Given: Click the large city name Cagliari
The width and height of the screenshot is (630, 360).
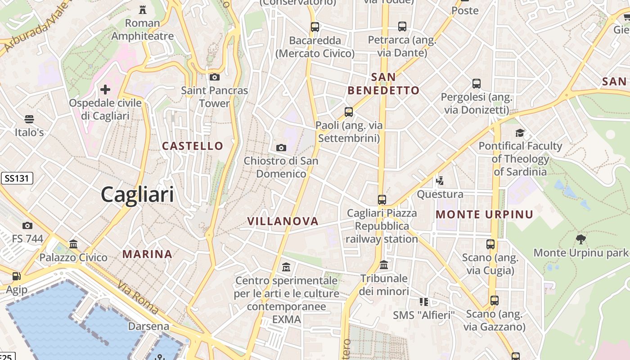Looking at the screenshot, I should click(137, 194).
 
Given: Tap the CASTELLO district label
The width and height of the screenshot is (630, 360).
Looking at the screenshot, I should click(193, 146).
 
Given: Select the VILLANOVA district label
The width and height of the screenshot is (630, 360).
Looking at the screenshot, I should click(283, 221).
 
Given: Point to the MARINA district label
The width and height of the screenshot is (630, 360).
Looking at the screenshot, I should click(148, 254).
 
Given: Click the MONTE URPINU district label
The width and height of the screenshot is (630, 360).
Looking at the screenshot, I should click(484, 215).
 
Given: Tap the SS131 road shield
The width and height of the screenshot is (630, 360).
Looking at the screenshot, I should click(17, 178).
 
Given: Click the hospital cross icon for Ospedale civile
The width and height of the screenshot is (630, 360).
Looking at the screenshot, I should click(105, 90).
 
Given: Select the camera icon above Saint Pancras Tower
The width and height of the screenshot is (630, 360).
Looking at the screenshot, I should click(215, 77).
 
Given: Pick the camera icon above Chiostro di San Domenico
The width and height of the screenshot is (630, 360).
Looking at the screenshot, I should click(281, 148).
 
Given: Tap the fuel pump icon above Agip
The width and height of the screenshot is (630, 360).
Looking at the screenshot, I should click(17, 276).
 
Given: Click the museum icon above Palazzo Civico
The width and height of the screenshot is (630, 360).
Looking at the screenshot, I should click(73, 244).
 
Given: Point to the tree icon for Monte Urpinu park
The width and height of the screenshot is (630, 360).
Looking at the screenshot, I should click(580, 239).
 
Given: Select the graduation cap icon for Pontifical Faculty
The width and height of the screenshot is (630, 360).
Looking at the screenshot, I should click(520, 133).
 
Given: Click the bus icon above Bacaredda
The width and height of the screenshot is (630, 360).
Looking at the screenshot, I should click(315, 27).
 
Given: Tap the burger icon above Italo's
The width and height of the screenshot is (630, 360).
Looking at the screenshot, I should click(29, 119).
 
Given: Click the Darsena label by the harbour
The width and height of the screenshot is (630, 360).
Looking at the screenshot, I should click(148, 326).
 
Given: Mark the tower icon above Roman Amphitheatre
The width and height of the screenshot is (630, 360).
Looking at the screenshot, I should click(143, 9).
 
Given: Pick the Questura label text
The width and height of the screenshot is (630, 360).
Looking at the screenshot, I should click(440, 194).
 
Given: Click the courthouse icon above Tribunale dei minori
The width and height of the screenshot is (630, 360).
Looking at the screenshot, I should click(384, 265).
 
